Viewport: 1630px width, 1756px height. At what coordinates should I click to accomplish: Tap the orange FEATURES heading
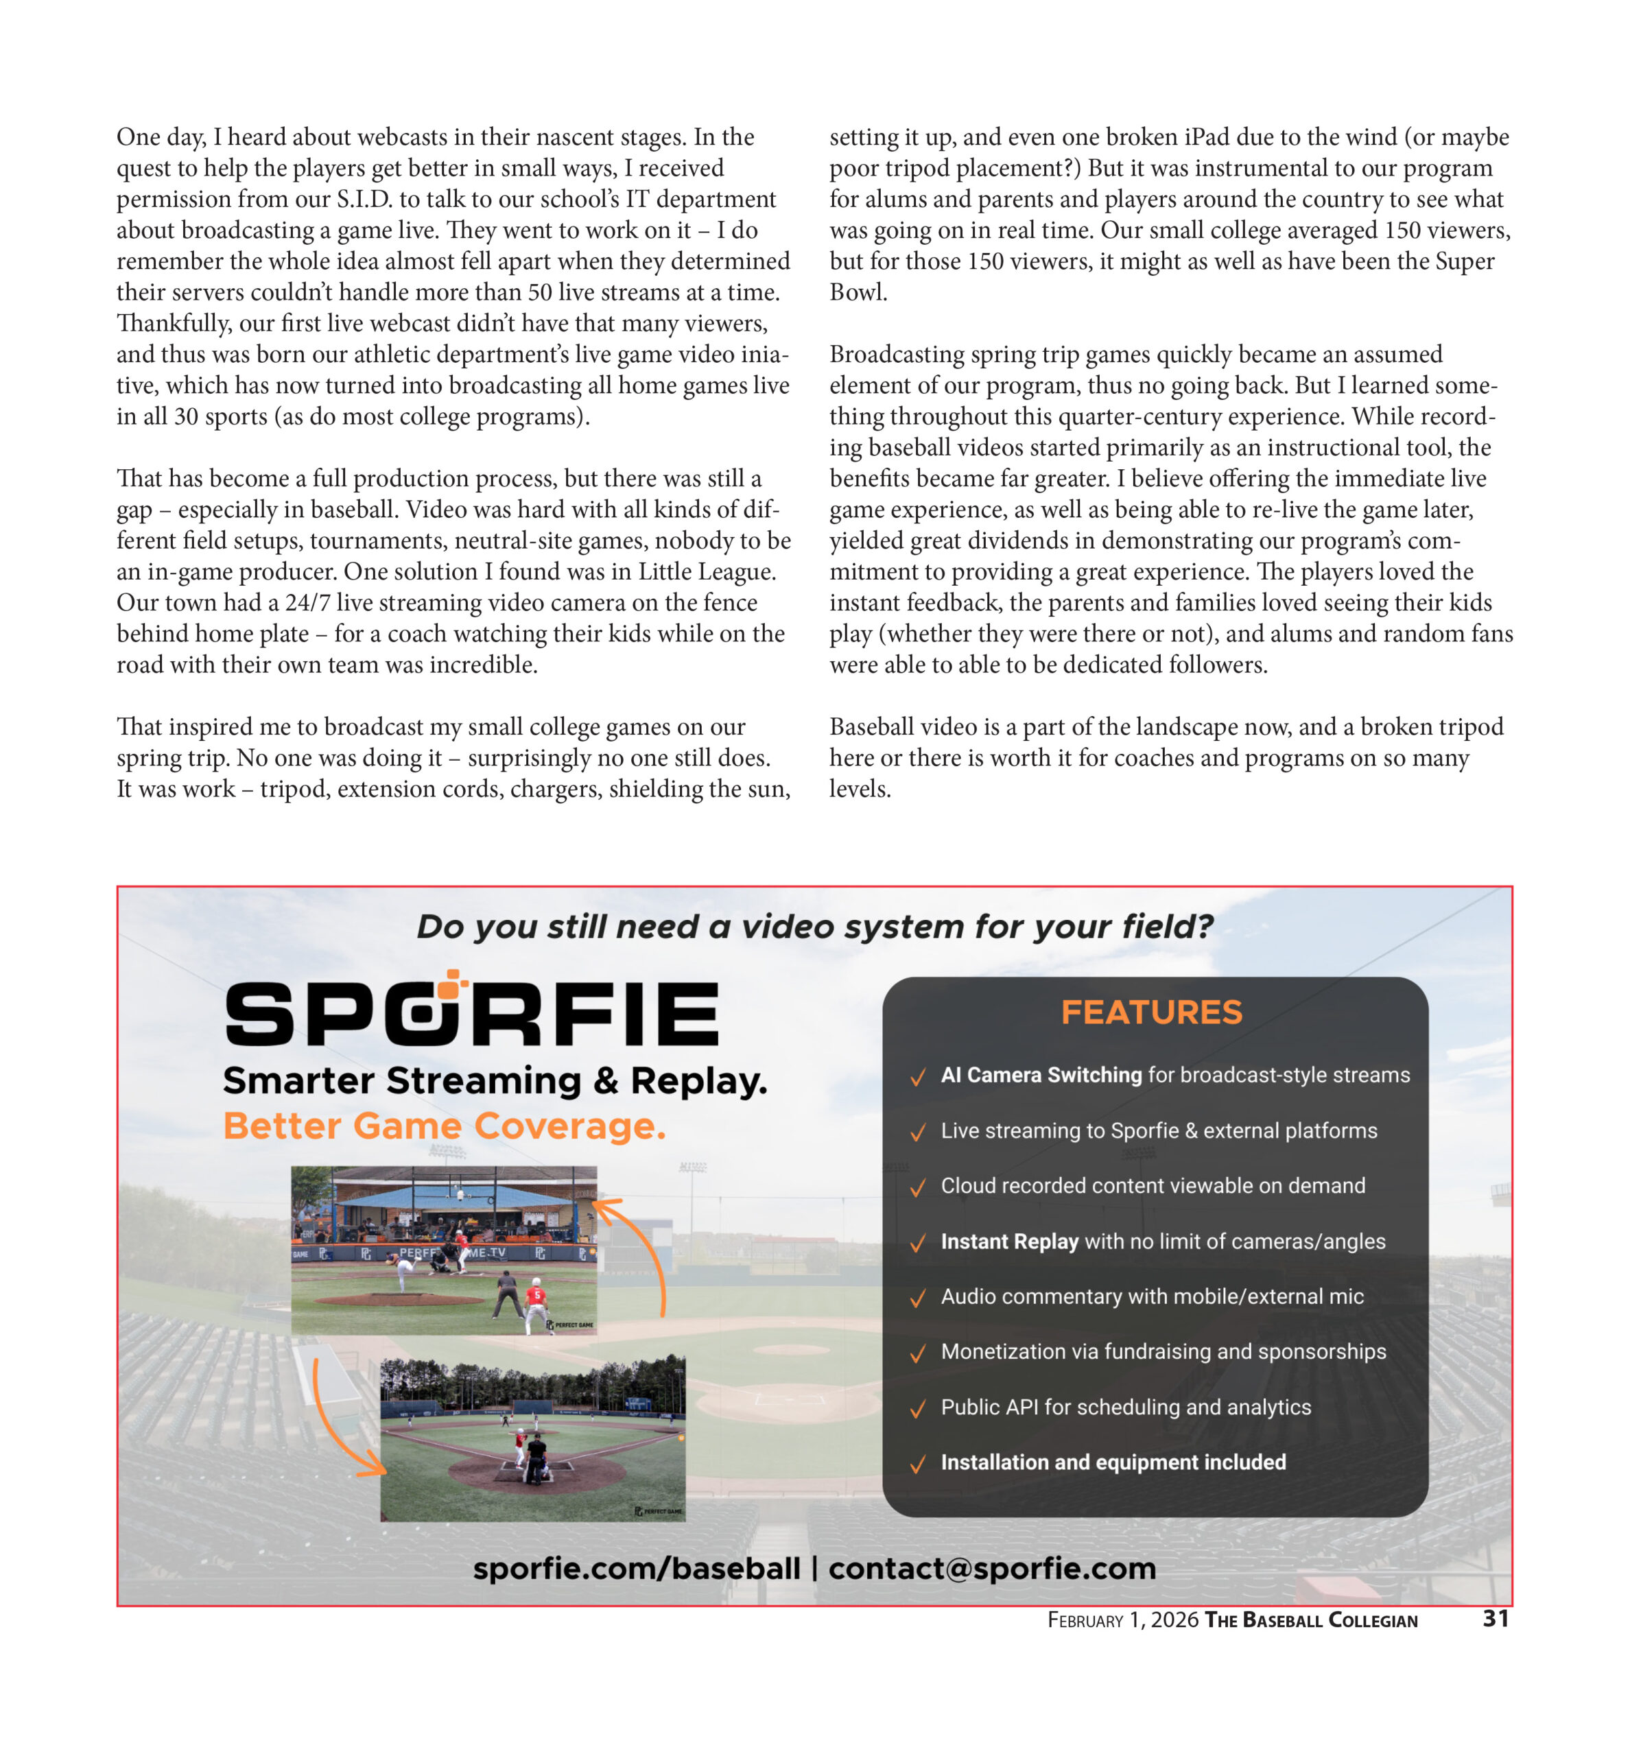(x=1151, y=1012)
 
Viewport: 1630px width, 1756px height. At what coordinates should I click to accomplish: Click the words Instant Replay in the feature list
(x=1009, y=1241)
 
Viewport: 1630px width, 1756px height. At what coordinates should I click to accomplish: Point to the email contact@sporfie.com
(x=991, y=1568)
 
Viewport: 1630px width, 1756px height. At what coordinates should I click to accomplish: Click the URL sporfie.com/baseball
(x=636, y=1568)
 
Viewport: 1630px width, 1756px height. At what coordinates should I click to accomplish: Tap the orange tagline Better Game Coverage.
(x=444, y=1126)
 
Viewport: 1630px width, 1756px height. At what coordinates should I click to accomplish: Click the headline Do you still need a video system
(x=814, y=926)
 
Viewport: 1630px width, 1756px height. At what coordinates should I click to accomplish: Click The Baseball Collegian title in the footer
(x=1311, y=1619)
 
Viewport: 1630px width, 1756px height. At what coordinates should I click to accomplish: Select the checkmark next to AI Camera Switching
(x=917, y=1077)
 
